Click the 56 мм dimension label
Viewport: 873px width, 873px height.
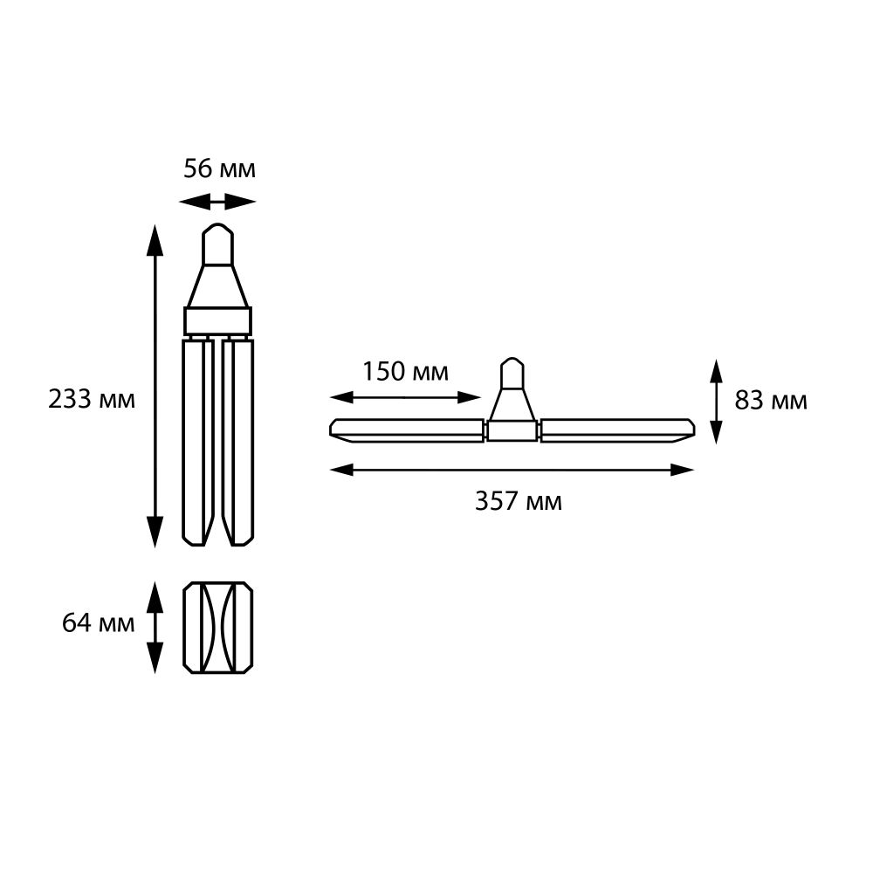click(x=219, y=168)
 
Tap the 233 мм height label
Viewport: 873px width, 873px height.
click(x=92, y=400)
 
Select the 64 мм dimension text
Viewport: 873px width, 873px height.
click(x=99, y=623)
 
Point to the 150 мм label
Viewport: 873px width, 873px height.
click(x=406, y=372)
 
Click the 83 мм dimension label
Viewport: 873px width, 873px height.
click(x=771, y=401)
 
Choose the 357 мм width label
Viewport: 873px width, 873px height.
click(x=518, y=501)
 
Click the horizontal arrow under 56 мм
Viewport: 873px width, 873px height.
click(x=217, y=203)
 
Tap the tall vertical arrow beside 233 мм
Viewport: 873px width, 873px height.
click(x=155, y=385)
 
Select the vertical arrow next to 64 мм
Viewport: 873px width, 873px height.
click(x=155, y=627)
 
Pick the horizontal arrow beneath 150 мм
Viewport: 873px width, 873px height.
click(x=406, y=397)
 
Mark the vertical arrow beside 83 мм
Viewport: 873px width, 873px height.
click(x=716, y=401)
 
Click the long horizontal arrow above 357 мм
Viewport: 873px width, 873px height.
click(x=512, y=470)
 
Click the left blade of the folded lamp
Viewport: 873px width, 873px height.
click(x=196, y=441)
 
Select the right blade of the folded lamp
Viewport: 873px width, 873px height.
click(x=238, y=441)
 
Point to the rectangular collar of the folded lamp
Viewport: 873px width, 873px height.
click(x=217, y=320)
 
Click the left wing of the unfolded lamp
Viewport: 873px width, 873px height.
click(x=407, y=429)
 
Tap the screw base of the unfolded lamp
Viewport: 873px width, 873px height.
click(x=512, y=376)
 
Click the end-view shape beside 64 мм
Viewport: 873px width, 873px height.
click(x=217, y=627)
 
